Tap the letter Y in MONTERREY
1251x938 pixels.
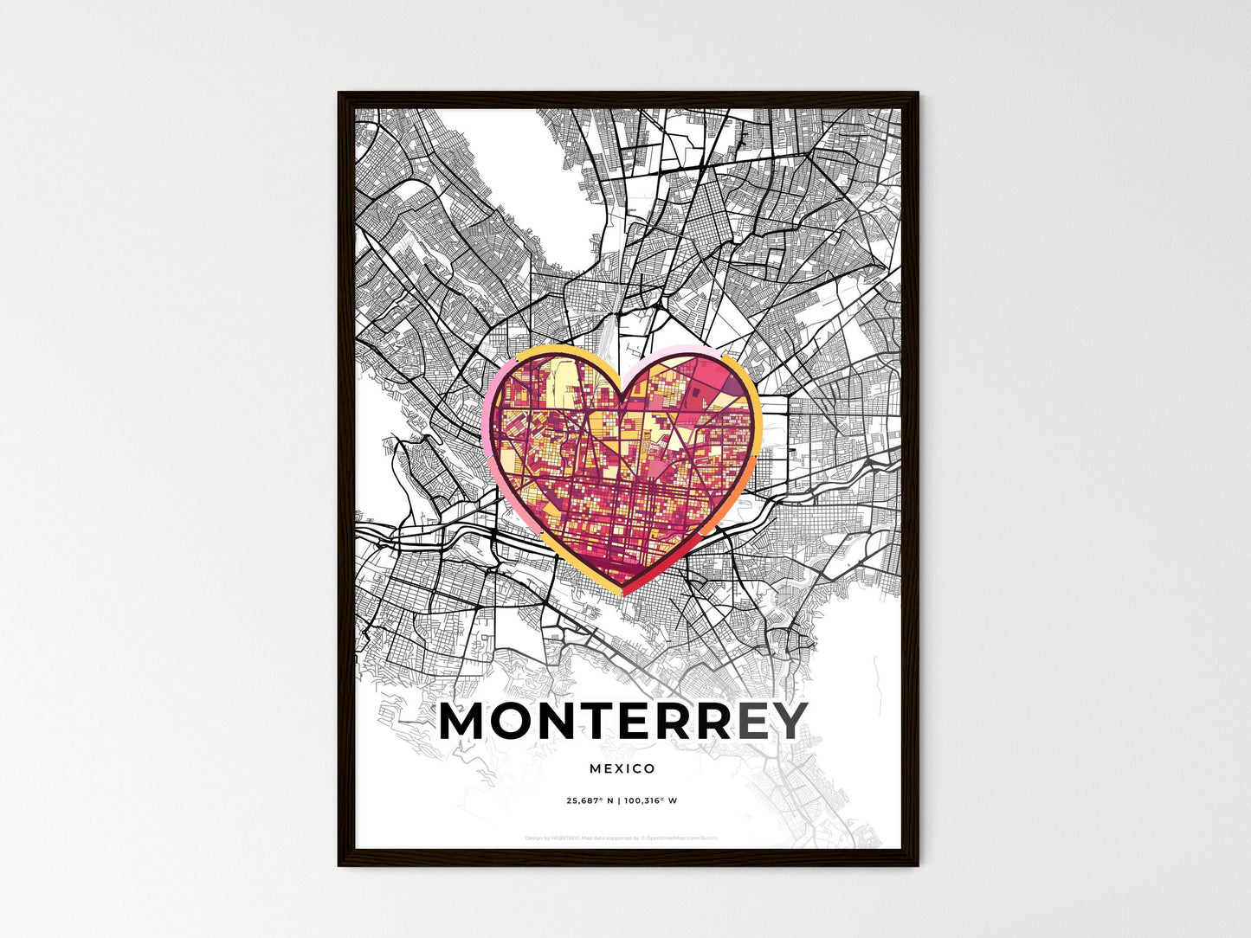pos(788,722)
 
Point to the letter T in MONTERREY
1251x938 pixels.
pos(609,722)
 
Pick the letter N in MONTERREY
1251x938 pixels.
pos(567,722)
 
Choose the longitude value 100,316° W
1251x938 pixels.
pos(651,800)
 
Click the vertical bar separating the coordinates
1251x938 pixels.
pos(619,800)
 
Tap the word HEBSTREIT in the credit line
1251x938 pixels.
pos(564,838)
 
